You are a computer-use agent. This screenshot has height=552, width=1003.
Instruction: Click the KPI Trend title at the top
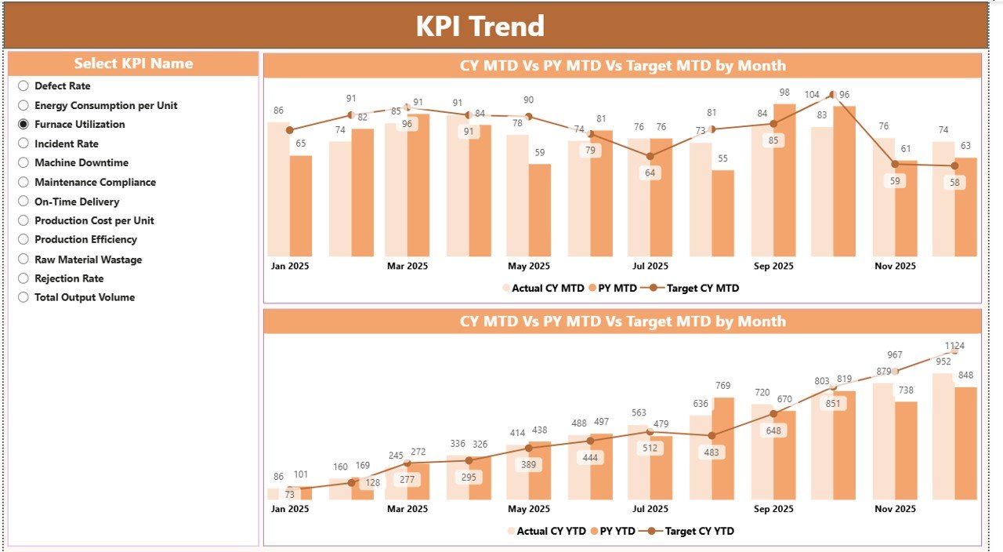click(x=480, y=26)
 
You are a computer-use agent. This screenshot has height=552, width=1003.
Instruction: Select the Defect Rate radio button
click(x=24, y=86)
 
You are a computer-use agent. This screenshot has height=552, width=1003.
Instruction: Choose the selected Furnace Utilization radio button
click(x=24, y=124)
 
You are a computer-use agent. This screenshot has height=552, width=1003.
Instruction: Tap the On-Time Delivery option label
click(x=77, y=202)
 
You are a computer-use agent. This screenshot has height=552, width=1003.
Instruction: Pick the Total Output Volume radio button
click(x=24, y=297)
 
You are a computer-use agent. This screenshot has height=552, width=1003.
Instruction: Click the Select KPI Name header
click(x=133, y=64)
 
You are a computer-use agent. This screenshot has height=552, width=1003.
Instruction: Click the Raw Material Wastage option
click(x=88, y=260)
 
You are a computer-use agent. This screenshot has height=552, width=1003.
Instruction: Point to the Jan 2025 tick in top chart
click(x=290, y=266)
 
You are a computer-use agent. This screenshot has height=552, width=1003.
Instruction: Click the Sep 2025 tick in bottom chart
click(x=773, y=509)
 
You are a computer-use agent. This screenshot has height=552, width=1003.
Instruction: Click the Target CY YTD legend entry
click(x=699, y=531)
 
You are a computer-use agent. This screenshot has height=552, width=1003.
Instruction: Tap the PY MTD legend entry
click(x=616, y=288)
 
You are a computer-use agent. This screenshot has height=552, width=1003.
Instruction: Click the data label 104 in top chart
click(x=812, y=95)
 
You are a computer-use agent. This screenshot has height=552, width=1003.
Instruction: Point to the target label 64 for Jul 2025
click(x=650, y=172)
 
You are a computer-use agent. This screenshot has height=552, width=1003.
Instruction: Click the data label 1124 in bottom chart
click(x=954, y=346)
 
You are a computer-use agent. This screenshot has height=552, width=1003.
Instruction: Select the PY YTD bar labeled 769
click(x=723, y=447)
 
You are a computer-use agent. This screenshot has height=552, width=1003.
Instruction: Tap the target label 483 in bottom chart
click(x=712, y=452)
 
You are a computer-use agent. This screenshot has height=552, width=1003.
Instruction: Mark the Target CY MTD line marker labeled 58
click(x=954, y=165)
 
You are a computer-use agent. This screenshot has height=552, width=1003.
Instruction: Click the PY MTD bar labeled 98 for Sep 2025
click(x=784, y=180)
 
